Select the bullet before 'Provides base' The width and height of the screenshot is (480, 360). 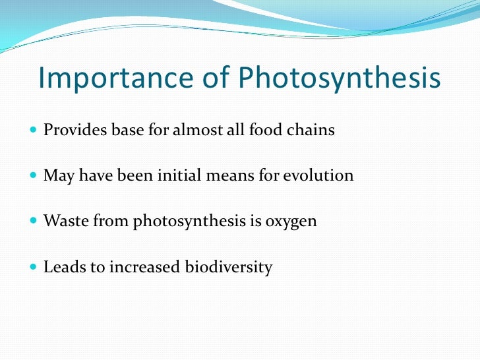(x=34, y=131)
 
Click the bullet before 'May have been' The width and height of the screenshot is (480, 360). (x=34, y=176)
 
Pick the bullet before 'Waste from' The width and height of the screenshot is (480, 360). (x=34, y=222)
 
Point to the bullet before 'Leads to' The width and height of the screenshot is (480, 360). (x=34, y=268)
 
